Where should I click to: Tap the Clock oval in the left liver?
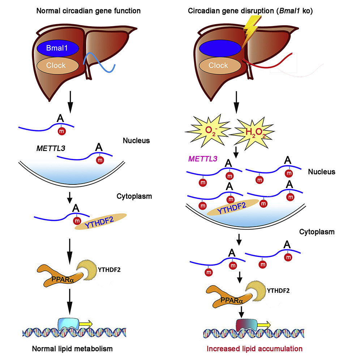point(57,65)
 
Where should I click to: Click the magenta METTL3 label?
point(204,158)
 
